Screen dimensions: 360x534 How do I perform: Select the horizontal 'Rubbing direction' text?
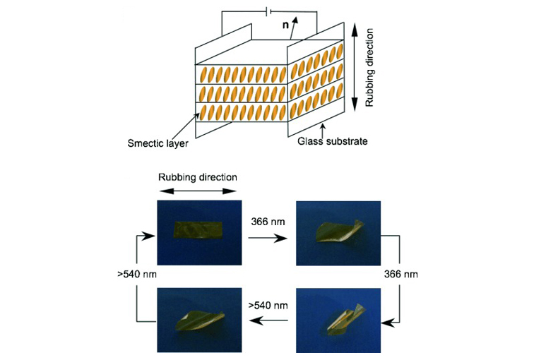[197, 176]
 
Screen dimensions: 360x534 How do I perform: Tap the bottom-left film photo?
[197, 315]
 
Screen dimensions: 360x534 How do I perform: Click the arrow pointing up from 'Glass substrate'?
[323, 128]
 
